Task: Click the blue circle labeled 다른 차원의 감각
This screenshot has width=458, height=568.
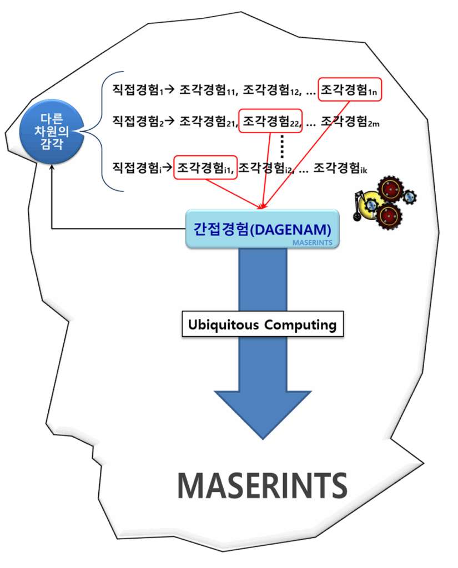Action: tap(51, 132)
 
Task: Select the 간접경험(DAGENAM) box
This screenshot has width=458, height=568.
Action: tap(261, 229)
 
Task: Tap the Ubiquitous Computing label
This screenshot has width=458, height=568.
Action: tap(263, 324)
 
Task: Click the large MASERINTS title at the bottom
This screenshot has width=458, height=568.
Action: tap(262, 486)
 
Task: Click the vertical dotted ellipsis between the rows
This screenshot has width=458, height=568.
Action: tap(282, 144)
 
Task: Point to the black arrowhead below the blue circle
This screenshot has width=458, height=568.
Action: tap(52, 171)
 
